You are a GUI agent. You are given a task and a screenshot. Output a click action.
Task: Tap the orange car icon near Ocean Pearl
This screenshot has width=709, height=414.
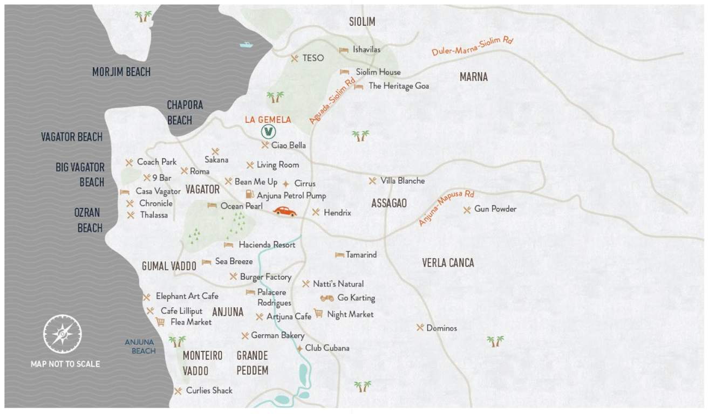(284, 211)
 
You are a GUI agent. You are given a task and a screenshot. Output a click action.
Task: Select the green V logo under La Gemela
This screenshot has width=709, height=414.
(268, 132)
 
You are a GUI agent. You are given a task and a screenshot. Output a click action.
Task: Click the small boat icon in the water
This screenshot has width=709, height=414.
(246, 45)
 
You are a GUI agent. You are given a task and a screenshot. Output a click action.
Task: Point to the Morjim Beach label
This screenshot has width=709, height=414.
(121, 72)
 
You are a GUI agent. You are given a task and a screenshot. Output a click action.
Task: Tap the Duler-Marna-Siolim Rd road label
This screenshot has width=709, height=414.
(472, 47)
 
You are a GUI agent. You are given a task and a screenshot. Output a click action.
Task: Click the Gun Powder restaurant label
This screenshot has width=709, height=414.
(495, 209)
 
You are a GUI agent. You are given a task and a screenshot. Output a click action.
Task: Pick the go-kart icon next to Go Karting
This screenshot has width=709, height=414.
(326, 298)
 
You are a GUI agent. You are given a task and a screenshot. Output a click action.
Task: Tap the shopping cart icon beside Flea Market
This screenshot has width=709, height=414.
(160, 322)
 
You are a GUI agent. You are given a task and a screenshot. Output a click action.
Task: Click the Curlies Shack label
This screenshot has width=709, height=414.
(209, 390)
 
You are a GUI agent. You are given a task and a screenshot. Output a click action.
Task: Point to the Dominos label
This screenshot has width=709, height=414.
(441, 328)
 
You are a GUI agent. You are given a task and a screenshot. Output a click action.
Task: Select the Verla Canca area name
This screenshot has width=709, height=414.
(448, 263)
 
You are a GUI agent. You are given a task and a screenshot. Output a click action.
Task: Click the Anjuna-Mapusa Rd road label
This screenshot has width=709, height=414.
(447, 208)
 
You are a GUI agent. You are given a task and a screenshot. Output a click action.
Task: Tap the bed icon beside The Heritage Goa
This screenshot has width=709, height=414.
(358, 86)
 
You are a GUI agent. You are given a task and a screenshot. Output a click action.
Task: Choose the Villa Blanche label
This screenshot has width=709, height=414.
(402, 181)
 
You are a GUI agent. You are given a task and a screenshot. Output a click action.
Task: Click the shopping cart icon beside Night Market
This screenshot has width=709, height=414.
(318, 313)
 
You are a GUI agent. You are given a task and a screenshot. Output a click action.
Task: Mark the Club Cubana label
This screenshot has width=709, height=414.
(327, 348)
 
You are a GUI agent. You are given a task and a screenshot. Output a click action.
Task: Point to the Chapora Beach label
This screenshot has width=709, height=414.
(185, 112)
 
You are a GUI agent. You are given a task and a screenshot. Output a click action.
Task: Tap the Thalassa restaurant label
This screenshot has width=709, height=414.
(154, 215)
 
